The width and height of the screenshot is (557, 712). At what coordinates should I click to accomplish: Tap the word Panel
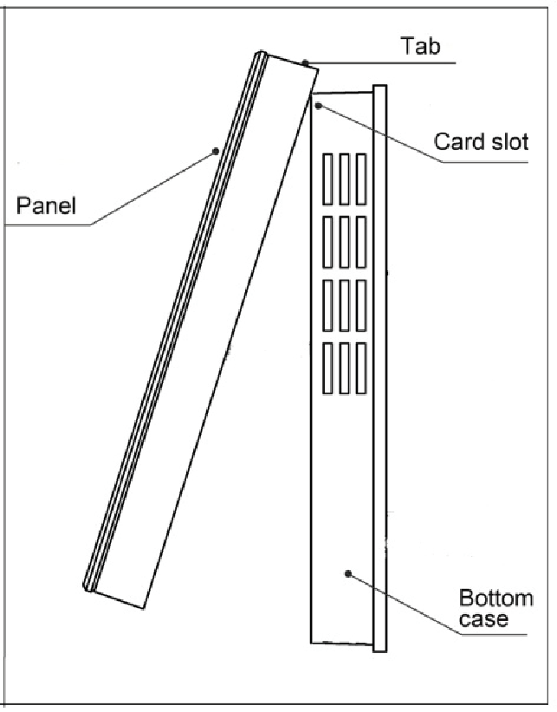[x=46, y=206]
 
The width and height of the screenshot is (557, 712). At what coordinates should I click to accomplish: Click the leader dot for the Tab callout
[x=306, y=62]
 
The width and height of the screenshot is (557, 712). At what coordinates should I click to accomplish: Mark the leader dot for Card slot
[x=320, y=106]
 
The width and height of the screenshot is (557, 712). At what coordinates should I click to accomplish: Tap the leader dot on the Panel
[x=214, y=152]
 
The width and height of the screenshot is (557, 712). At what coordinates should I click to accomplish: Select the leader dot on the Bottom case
[x=347, y=573]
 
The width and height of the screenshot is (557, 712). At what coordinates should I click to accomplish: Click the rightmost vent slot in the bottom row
[x=360, y=369]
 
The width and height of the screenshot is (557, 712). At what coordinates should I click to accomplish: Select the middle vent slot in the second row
[x=345, y=242]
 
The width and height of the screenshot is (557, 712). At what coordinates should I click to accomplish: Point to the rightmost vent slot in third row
[x=360, y=305]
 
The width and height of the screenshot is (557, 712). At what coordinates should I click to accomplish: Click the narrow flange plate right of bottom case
[x=379, y=364]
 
